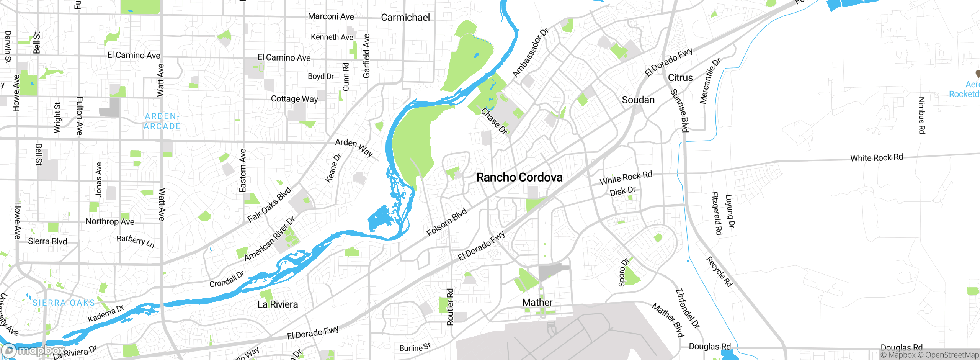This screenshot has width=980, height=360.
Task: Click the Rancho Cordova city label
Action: pyautogui.click(x=519, y=177)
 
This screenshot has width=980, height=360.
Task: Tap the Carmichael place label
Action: pyautogui.click(x=405, y=17)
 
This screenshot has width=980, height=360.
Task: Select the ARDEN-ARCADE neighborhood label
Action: pyautogui.click(x=162, y=121)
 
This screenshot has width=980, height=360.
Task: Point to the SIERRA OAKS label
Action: pyautogui.click(x=64, y=303)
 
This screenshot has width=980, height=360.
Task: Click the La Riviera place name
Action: pyautogui.click(x=278, y=304)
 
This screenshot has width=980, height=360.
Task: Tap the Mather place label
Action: pyautogui.click(x=537, y=303)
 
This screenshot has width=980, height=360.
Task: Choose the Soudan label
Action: pyautogui.click(x=638, y=100)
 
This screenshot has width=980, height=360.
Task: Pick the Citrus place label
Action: pyautogui.click(x=680, y=78)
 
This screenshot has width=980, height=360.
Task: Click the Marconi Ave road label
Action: pyautogui.click(x=331, y=16)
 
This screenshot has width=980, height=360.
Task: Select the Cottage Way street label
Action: pyautogui.click(x=294, y=99)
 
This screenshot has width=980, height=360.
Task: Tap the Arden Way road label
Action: pyautogui.click(x=354, y=147)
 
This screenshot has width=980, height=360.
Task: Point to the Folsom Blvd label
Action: pyautogui.click(x=447, y=222)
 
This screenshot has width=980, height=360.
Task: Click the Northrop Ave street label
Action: pyautogui.click(x=110, y=221)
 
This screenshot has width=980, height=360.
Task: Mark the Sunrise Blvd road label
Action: pyautogui.click(x=679, y=111)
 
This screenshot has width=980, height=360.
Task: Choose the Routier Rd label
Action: pyautogui.click(x=450, y=307)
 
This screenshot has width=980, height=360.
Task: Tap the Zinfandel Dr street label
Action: pyautogui.click(x=688, y=308)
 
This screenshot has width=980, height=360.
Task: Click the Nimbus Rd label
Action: pyautogui.click(x=922, y=115)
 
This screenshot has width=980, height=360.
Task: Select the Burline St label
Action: pyautogui.click(x=415, y=347)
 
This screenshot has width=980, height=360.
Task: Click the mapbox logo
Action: pyautogui.click(x=33, y=350)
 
